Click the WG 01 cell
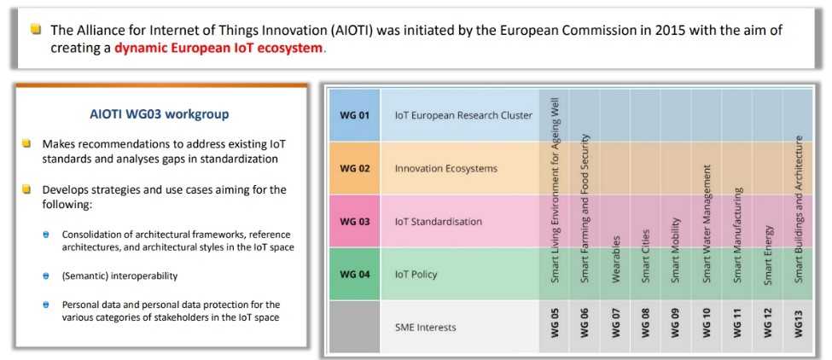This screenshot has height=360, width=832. point(354,115)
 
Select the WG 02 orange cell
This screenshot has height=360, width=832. point(354,169)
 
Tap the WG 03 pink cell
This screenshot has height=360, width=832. point(354,222)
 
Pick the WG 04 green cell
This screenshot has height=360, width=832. point(354,275)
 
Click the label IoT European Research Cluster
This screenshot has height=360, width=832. point(463,115)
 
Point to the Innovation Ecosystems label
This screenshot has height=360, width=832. point(446,169)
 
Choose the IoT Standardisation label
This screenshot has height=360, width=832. point(439,222)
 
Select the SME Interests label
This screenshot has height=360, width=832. point(426,327)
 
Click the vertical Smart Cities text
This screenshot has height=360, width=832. point(646,256)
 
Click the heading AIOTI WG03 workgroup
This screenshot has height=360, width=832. point(160,114)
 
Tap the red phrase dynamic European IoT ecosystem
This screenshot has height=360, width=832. point(218,48)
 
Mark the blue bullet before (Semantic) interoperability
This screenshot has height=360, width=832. point(46,276)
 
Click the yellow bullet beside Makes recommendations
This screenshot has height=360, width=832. point(26,143)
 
